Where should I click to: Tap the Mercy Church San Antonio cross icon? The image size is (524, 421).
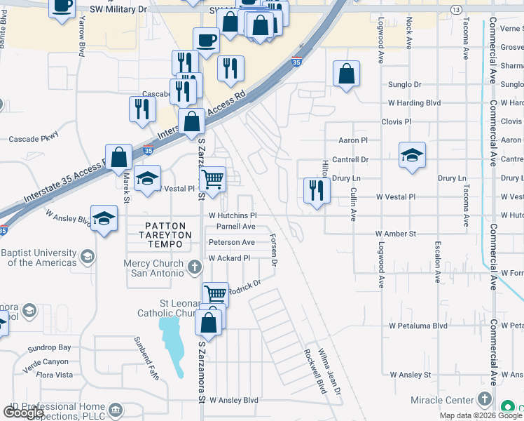pyautogui.click(x=195, y=266)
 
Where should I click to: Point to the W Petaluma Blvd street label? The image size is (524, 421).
pyautogui.click(x=418, y=326)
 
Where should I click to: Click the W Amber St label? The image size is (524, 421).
pyautogui.click(x=395, y=233)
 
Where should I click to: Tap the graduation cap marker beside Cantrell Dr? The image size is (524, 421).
pyautogui.click(x=412, y=156)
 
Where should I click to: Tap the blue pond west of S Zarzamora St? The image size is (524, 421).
pyautogui.click(x=172, y=338)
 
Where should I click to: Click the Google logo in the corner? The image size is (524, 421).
pyautogui.click(x=23, y=412)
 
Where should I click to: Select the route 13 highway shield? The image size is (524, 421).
pyautogui.click(x=456, y=9)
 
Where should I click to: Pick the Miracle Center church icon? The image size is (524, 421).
pyautogui.click(x=484, y=399)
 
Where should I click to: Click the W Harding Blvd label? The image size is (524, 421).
pyautogui.click(x=414, y=103)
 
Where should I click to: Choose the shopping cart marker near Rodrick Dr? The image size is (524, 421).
pyautogui.click(x=214, y=295)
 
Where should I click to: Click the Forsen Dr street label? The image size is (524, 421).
pyautogui.click(x=274, y=250)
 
